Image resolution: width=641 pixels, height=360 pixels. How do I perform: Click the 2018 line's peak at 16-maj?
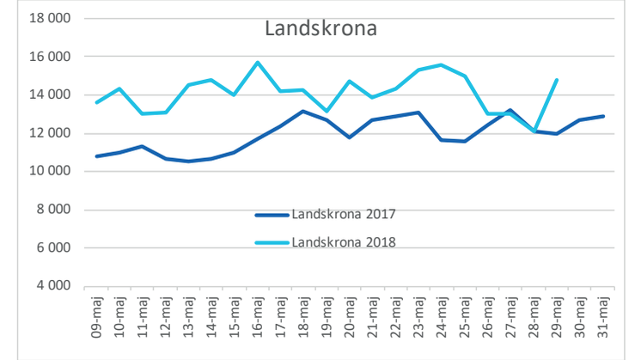(257, 63)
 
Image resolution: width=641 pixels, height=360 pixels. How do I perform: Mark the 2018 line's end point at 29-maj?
(558, 80)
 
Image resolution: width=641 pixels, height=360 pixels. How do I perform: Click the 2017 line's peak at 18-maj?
(303, 111)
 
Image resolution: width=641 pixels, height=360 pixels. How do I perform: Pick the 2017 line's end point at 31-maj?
(605, 116)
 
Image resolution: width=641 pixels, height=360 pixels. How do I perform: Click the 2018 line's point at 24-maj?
(442, 64)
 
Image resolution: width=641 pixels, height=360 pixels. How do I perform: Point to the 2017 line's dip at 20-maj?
(349, 137)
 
